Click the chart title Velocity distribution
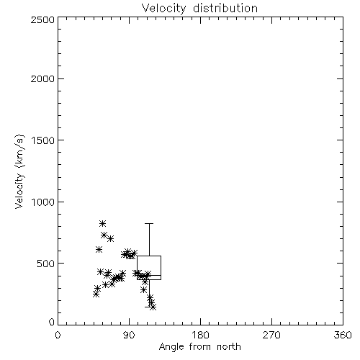tap(199, 9)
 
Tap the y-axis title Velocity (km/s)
tap(19, 171)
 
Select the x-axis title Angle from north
tap(199, 347)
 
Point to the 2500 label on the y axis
tap(42, 19)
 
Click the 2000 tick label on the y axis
tap(42, 78)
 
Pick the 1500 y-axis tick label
tap(43, 140)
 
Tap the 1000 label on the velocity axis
tap(43, 202)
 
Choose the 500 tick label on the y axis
tap(46, 264)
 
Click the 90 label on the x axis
tap(129, 335)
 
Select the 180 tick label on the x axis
tap(200, 335)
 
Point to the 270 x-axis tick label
tap(271, 335)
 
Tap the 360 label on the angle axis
tap(343, 335)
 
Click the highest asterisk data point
tap(102, 223)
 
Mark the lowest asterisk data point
tap(153, 307)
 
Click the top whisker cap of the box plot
tap(149, 223)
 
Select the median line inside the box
tap(149, 275)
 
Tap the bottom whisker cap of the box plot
tap(149, 307)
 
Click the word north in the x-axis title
tap(229, 347)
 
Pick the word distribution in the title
tap(225, 8)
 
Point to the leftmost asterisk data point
tap(96, 294)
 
